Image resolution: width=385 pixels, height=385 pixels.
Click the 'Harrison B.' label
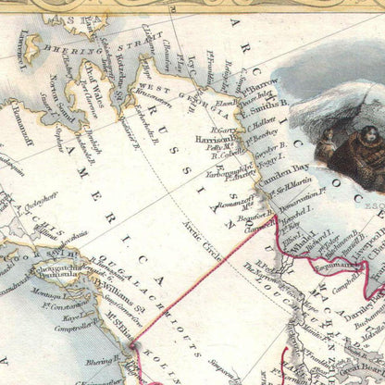[x=215, y=140]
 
